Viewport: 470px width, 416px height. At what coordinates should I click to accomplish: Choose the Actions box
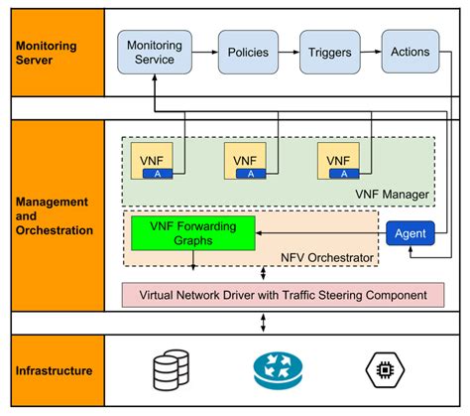click(411, 52)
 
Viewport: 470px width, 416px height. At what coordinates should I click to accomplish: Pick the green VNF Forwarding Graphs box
click(192, 233)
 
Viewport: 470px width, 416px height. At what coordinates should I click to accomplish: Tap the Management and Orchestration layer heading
click(54, 216)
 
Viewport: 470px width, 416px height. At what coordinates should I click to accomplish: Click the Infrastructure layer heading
click(54, 371)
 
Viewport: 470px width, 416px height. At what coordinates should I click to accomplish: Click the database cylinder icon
click(169, 371)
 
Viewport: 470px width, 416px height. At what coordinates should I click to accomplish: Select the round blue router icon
click(275, 371)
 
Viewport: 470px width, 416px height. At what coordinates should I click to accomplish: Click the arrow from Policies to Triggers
click(291, 52)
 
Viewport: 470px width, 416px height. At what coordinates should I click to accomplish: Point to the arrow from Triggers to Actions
click(372, 52)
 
